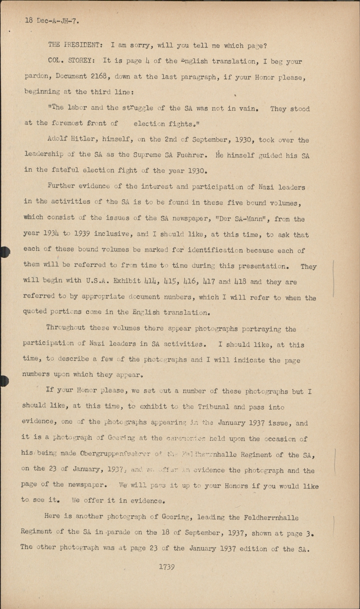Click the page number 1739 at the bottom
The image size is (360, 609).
click(167, 567)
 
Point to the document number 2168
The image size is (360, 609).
click(99, 76)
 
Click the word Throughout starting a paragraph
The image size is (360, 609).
click(66, 327)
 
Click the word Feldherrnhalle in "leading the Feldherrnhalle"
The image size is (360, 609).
click(272, 518)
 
